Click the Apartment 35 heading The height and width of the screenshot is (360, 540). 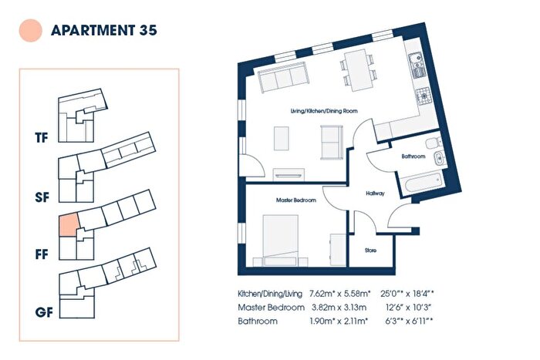104,30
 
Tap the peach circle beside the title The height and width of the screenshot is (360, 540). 31,30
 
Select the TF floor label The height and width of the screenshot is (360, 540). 42,138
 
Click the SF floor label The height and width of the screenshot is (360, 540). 42,197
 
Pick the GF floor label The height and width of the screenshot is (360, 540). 44,312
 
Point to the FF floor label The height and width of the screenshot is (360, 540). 42,254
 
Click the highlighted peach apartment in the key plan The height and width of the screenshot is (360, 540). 69,225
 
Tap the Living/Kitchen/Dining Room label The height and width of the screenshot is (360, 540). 324,111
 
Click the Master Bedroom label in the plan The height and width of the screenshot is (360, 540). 295,200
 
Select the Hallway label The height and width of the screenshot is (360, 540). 375,193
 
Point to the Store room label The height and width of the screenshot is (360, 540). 370,251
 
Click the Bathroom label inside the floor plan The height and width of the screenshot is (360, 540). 413,156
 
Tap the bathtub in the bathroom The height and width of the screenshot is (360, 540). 424,183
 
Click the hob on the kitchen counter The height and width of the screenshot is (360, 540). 424,96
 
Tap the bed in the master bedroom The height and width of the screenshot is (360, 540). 281,241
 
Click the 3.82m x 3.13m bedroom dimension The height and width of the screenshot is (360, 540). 339,308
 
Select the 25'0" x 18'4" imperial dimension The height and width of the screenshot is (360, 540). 407,294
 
